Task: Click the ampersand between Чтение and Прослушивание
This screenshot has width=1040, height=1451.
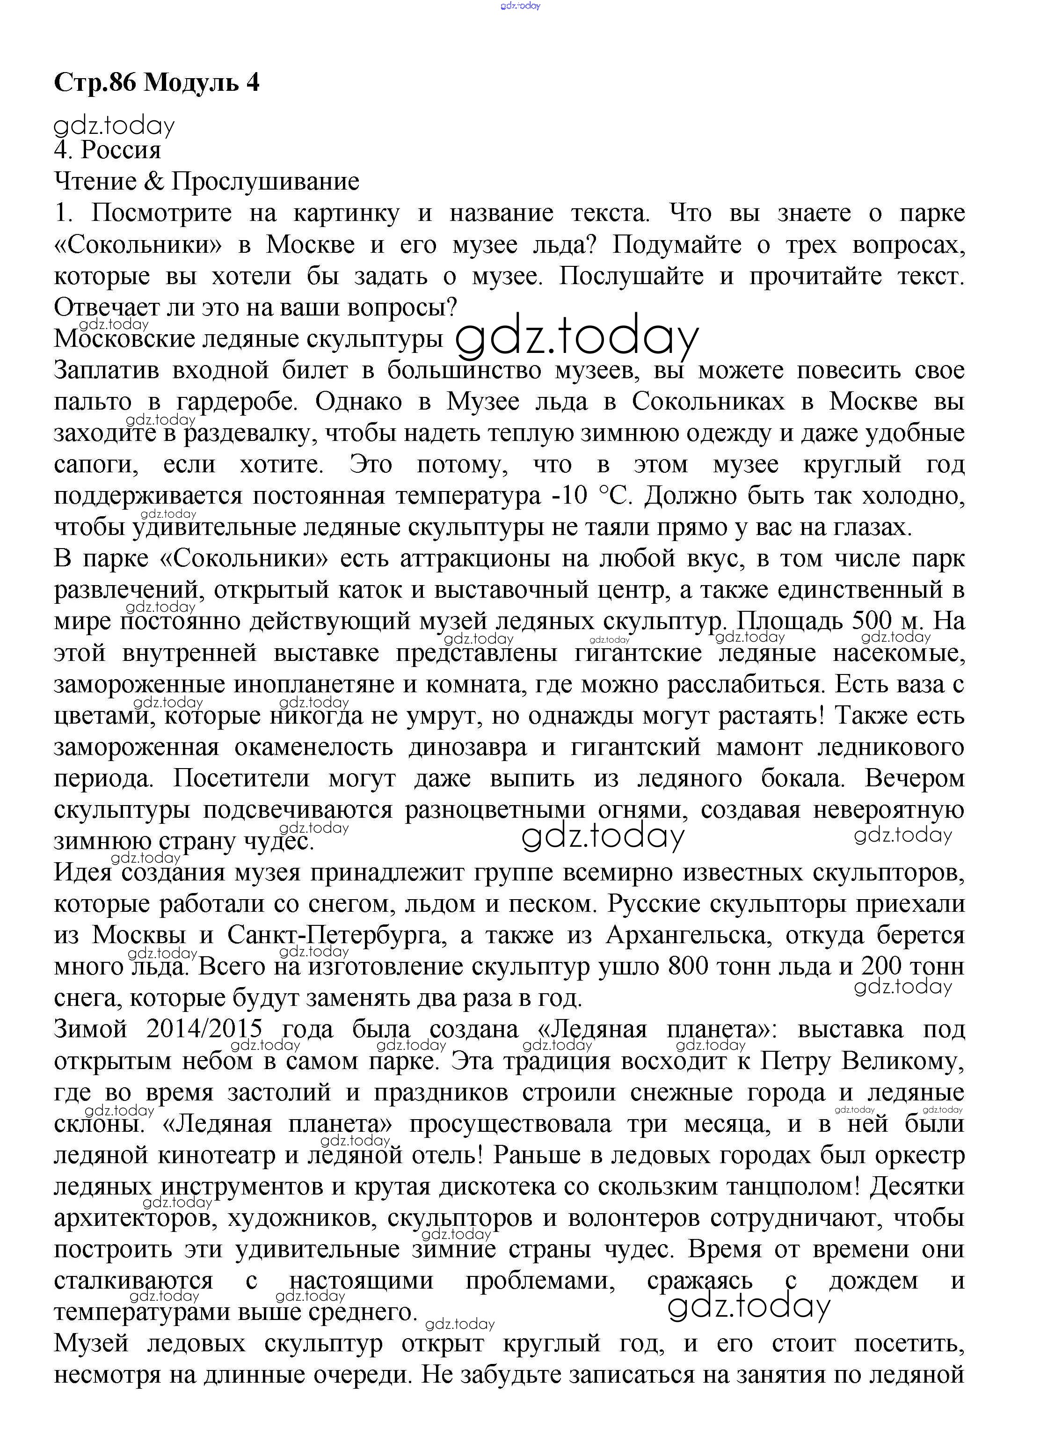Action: pyautogui.click(x=154, y=182)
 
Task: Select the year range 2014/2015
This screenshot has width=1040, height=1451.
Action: pyautogui.click(x=204, y=1029)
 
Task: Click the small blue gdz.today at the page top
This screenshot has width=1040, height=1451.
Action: pyautogui.click(x=520, y=6)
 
